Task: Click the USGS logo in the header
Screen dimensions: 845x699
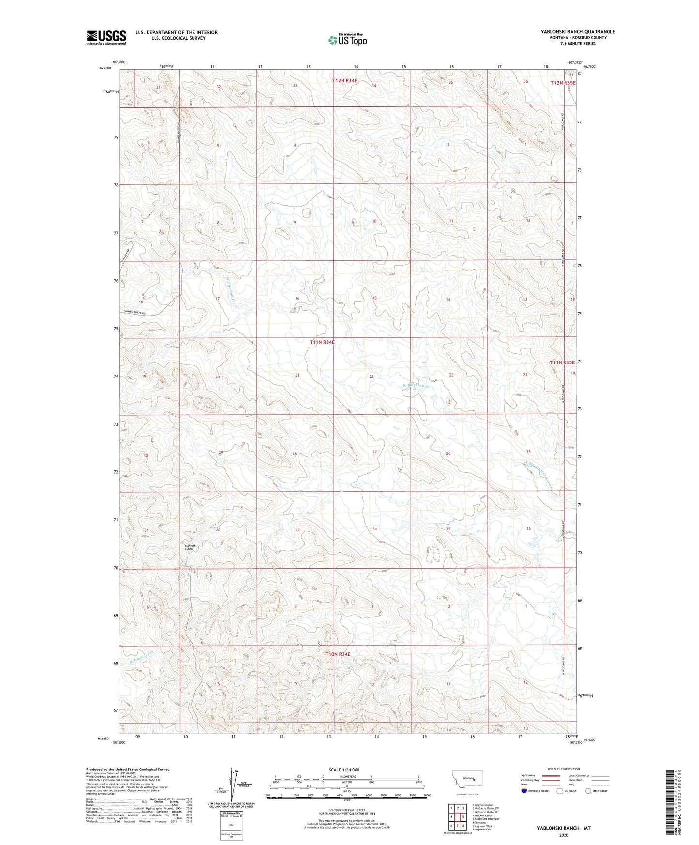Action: [106, 37]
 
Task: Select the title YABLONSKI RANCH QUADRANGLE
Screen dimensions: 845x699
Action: [578, 32]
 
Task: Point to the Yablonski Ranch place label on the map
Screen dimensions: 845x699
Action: [188, 547]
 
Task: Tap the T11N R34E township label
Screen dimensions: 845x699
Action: [322, 342]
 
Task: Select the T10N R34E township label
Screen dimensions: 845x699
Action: [338, 654]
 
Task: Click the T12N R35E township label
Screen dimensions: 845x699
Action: [563, 83]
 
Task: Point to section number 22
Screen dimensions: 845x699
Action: [372, 377]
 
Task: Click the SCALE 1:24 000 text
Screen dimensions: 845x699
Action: [344, 770]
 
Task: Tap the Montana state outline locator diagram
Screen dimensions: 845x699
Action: [467, 779]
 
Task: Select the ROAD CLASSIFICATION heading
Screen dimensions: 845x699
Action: [564, 769]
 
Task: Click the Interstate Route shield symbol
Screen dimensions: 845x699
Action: [524, 791]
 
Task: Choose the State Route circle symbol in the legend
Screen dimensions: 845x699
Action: [588, 791]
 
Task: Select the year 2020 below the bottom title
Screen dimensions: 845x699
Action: [563, 835]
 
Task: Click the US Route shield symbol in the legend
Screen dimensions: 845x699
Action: [560, 791]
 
